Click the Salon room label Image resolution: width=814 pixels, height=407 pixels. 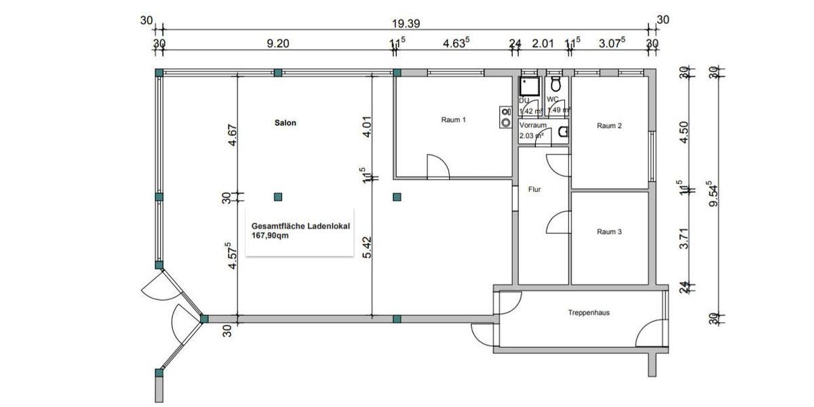pos(286,123)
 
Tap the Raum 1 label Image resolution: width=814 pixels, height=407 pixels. pos(453,120)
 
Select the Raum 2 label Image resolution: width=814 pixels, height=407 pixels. pos(609,125)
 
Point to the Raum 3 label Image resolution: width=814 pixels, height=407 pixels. pos(609,232)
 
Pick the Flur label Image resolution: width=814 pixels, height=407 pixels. pos(535,190)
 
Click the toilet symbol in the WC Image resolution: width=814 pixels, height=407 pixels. pos(556,85)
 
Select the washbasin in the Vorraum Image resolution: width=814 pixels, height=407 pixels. pos(562,134)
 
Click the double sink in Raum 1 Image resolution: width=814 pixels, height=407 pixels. pos(505,117)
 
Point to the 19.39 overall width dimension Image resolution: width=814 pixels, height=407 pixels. pos(406,23)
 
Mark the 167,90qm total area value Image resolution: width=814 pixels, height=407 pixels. pos(271,237)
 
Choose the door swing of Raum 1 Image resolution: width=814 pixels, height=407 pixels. pos(438,167)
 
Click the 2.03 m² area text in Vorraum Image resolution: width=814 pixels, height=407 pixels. pos(531,136)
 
